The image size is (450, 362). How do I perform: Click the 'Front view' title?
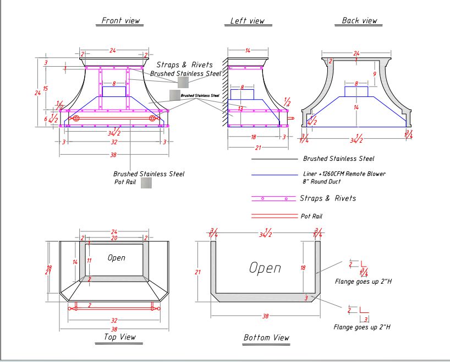point(120,20)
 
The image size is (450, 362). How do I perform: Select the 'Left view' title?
point(247,21)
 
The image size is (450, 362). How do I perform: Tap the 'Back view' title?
point(359,20)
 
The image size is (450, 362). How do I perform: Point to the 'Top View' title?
point(119,337)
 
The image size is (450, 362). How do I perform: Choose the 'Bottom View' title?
point(266,337)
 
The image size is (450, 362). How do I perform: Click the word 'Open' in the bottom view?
point(265,268)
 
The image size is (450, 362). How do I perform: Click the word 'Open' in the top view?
point(116,257)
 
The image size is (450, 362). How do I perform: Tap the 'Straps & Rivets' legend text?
point(327,198)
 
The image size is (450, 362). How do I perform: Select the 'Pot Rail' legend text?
point(311,216)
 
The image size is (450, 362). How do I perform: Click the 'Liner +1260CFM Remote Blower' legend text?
point(344,174)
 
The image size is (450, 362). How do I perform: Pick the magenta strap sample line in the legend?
point(273,198)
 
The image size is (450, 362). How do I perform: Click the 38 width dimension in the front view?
point(114,155)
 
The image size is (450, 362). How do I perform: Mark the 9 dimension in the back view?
point(374,73)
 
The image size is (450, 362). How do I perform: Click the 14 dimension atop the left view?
point(248,51)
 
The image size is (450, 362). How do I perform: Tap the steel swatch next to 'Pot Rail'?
point(146,183)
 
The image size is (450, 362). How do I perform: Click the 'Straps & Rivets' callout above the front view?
point(184,65)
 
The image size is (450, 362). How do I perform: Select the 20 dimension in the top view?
point(114,238)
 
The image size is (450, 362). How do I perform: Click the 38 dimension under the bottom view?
point(265,316)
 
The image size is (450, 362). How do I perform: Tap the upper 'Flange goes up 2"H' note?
point(363,281)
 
